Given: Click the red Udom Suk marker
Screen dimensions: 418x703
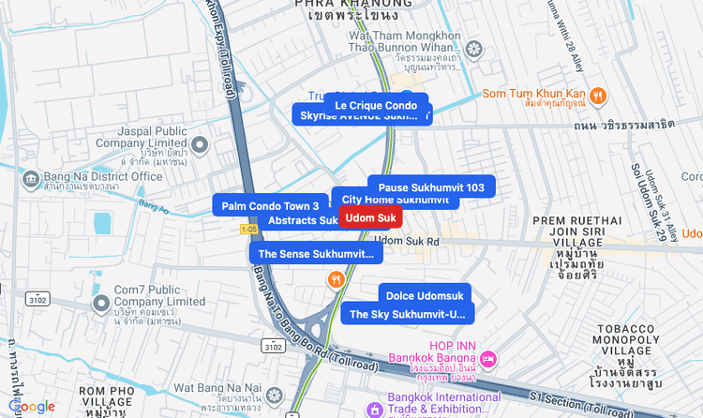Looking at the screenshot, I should [x=369, y=217].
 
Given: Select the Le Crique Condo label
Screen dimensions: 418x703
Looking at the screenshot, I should [x=376, y=105].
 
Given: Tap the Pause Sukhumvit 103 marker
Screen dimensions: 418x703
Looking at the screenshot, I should [x=431, y=187].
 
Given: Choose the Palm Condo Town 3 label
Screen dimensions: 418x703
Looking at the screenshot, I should [x=270, y=205].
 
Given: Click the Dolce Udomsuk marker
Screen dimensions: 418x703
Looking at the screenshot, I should [x=425, y=296].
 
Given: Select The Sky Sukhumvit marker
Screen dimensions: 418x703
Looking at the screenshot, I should [x=407, y=314].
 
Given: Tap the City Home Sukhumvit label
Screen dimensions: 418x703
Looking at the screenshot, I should [x=395, y=200].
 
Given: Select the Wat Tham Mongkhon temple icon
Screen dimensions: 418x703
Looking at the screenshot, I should [x=474, y=48].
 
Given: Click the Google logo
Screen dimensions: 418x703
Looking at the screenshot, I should [x=32, y=406].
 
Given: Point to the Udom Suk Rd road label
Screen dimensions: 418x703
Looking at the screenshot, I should [x=408, y=241].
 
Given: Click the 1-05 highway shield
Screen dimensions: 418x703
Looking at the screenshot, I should [x=248, y=229].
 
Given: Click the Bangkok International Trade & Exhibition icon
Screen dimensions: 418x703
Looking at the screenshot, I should [x=375, y=409].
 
